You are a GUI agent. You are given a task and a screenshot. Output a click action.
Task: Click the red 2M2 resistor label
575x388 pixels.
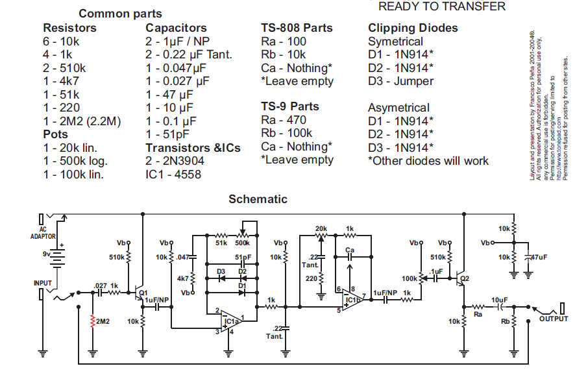click(102, 321)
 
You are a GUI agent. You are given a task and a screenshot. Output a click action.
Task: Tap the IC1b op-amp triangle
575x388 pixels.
click(351, 300)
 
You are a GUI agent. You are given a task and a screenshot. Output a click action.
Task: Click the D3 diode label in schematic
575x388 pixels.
click(221, 271)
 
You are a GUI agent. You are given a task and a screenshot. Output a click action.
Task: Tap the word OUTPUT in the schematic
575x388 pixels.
click(553, 319)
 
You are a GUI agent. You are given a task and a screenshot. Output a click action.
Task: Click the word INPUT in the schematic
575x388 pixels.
click(43, 283)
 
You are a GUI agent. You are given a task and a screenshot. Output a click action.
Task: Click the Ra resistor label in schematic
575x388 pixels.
click(478, 314)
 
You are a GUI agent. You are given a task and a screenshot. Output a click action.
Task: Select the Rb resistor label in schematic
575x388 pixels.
click(505, 321)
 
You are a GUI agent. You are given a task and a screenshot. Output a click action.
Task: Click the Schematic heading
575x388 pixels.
click(258, 199)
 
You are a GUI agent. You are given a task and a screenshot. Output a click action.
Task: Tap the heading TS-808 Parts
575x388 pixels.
click(297, 28)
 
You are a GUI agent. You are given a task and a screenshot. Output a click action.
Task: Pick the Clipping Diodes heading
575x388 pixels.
click(413, 28)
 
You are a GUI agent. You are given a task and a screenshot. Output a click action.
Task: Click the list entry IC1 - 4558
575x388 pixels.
click(173, 175)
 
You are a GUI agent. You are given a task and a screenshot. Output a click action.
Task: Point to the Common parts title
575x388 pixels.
click(120, 14)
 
